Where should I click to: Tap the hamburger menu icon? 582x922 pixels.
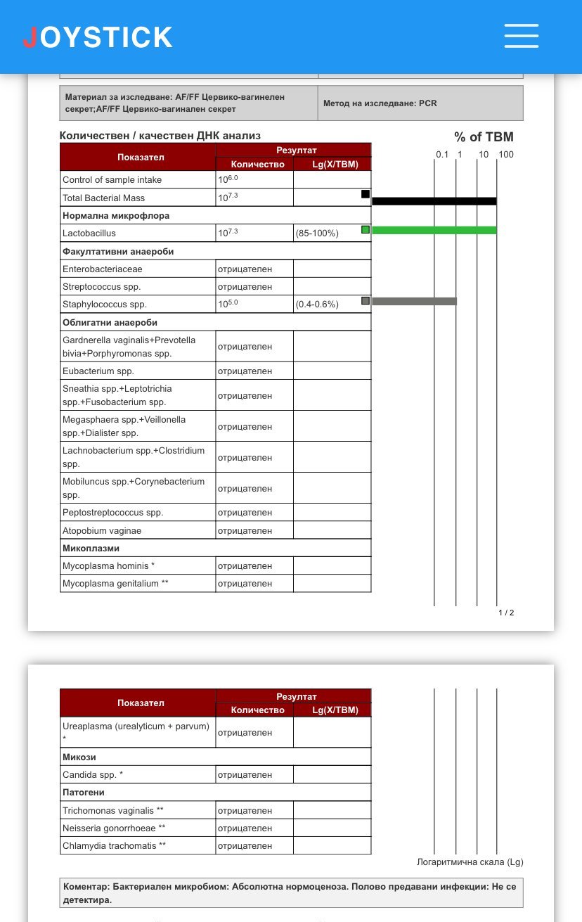click(521, 36)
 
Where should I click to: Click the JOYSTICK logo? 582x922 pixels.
click(98, 37)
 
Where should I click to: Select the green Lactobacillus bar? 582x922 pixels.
click(434, 230)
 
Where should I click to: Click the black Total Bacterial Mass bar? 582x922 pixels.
click(434, 201)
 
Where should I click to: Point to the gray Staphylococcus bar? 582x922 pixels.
click(414, 301)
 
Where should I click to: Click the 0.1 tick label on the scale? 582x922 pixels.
click(441, 154)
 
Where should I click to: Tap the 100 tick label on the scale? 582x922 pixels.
click(506, 154)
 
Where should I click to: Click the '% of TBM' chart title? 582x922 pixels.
click(484, 137)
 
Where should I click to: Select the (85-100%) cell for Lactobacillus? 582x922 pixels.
click(317, 233)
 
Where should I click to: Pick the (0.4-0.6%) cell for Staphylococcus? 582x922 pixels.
click(317, 305)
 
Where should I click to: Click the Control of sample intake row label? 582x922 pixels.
click(112, 180)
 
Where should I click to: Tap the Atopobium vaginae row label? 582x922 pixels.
click(102, 531)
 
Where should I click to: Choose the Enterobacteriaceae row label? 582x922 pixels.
click(103, 269)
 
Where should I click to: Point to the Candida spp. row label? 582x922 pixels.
click(93, 775)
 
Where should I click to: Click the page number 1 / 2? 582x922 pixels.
click(506, 613)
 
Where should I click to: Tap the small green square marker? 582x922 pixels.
click(366, 229)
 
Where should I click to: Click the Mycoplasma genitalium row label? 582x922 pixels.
click(115, 584)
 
